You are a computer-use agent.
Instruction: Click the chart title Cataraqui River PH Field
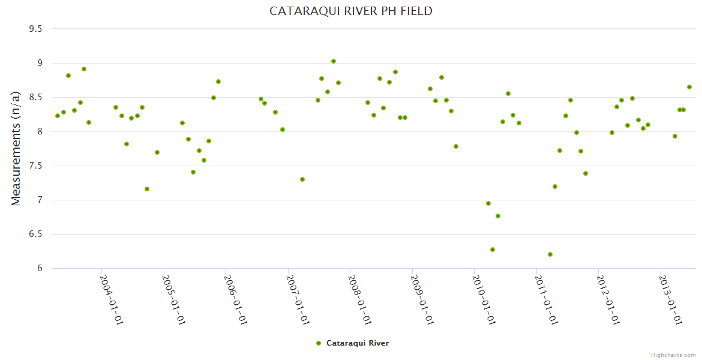point(351,11)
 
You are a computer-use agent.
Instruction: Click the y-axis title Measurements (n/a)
point(16,148)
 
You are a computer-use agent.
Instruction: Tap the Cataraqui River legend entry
point(357,343)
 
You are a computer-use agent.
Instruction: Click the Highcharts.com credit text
point(673,355)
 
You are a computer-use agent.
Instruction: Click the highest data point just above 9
point(334,61)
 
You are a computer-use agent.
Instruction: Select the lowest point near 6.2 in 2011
point(550,254)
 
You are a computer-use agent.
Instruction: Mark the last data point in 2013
point(689,87)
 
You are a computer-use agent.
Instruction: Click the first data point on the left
point(58,116)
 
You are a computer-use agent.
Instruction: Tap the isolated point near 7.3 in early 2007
point(302,179)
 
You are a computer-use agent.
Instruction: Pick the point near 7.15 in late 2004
point(147,189)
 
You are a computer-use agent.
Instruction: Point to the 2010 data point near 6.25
point(493,250)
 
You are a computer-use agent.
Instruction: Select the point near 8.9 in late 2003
point(84,69)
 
